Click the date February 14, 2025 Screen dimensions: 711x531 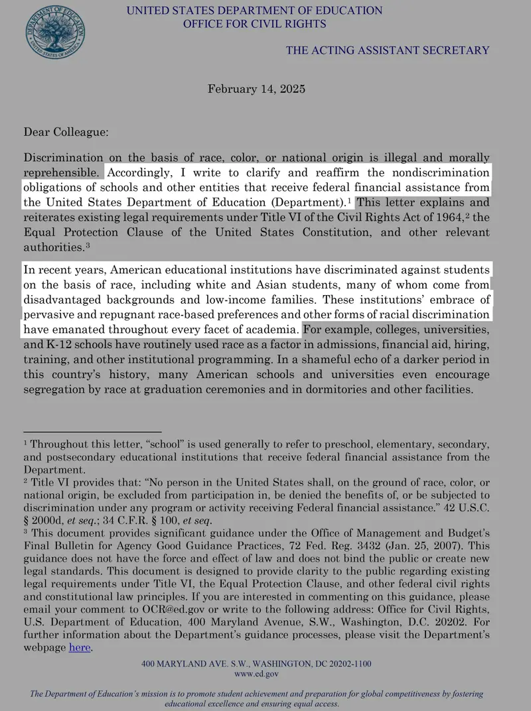[x=256, y=88]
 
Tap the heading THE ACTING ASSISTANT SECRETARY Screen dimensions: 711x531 [x=388, y=50]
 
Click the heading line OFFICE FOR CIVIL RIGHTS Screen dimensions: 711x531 [x=254, y=24]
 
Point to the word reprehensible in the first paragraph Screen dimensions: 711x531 [x=62, y=172]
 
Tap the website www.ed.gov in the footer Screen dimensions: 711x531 [x=256, y=673]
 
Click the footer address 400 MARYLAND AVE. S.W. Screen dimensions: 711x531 [x=196, y=663]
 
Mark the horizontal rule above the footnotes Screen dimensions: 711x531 [x=93, y=432]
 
